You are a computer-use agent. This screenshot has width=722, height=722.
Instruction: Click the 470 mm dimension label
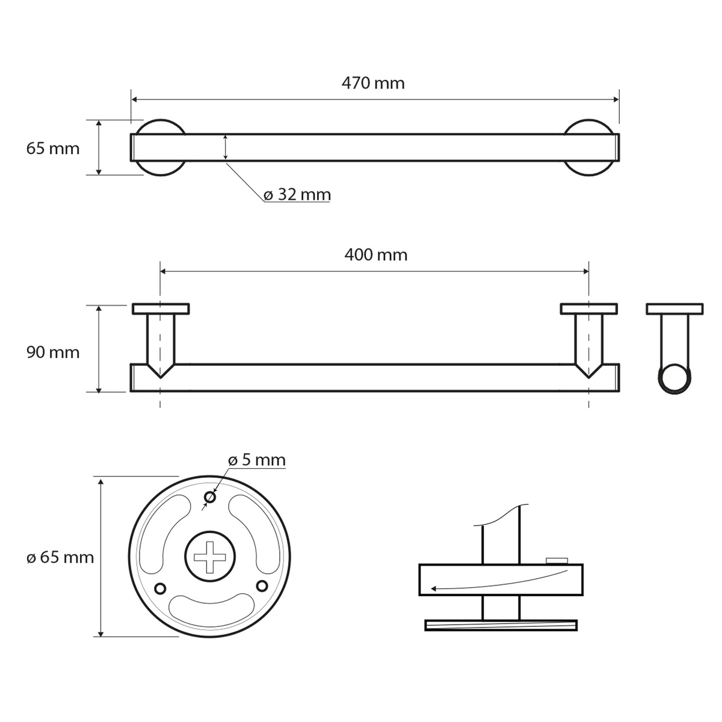(x=373, y=83)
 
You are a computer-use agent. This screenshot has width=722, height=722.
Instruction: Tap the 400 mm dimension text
(x=376, y=255)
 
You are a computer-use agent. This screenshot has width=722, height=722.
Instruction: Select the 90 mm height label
(x=53, y=352)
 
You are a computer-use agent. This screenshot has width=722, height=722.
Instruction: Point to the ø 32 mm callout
(x=297, y=194)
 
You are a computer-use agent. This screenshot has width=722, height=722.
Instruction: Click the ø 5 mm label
(x=257, y=460)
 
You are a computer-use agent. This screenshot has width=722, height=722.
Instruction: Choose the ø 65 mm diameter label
(x=60, y=558)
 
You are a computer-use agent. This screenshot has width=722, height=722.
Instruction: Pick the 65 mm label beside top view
(x=53, y=149)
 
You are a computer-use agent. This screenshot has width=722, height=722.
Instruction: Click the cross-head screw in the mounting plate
(x=210, y=557)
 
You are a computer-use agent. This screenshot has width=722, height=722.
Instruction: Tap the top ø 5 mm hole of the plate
(x=210, y=498)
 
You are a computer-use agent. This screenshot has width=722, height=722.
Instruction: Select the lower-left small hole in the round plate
(x=160, y=588)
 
